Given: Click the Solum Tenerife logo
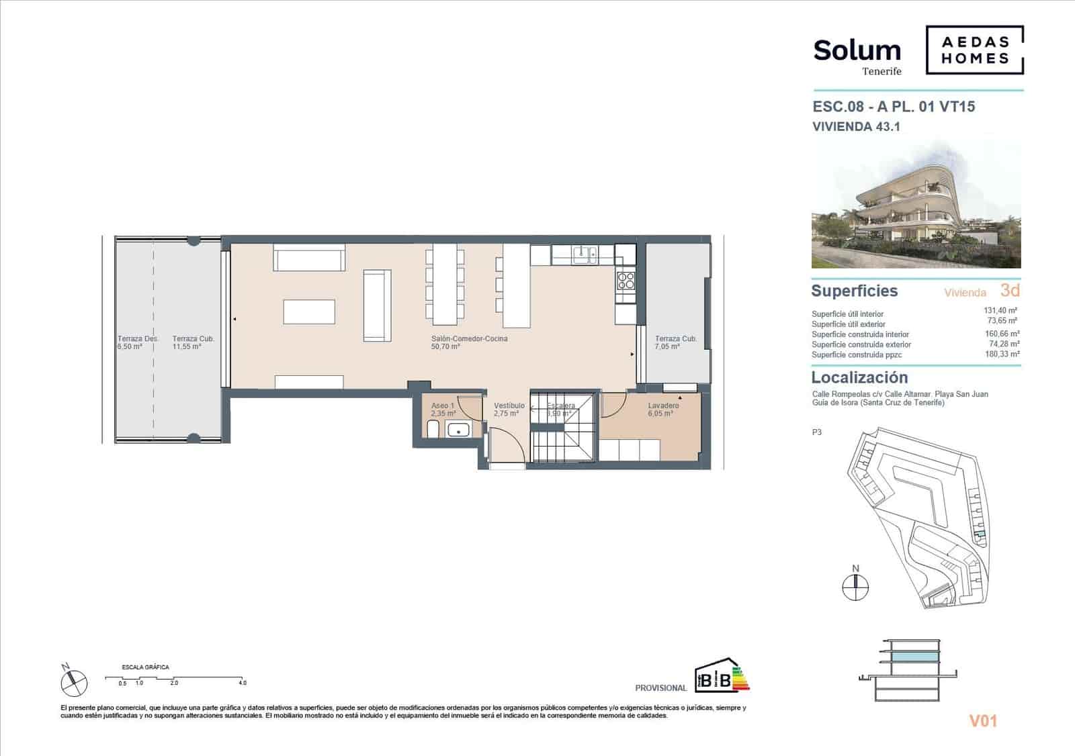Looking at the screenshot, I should (x=857, y=55).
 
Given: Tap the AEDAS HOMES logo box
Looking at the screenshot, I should (x=975, y=50).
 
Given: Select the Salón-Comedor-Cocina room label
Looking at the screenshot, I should (x=469, y=342).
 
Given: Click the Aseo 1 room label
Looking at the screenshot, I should (x=443, y=410).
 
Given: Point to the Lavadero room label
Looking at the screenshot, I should (x=662, y=410).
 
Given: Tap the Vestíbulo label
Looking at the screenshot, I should (x=509, y=410).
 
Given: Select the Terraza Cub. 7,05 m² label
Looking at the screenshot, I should (x=675, y=342).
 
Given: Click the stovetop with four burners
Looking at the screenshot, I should (x=626, y=279).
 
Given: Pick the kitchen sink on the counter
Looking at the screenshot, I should (x=584, y=254).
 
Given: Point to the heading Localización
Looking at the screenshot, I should (x=859, y=377).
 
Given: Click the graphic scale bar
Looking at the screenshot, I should (x=175, y=679).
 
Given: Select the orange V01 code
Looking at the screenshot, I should (x=982, y=721).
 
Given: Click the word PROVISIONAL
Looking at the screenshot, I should (x=660, y=688).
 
